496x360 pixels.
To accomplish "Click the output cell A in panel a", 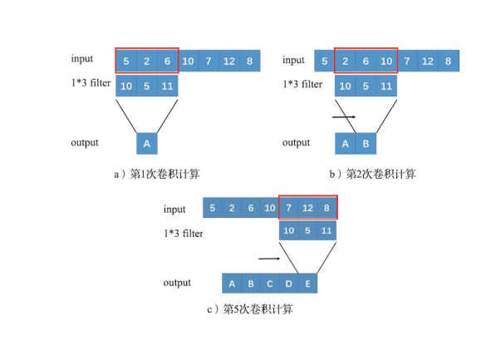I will (x=147, y=143).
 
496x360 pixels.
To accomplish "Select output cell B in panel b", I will (x=366, y=143).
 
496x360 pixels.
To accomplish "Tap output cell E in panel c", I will (x=308, y=284).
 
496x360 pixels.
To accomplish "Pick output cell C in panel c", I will (x=270, y=284).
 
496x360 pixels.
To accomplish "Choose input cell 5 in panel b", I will (x=324, y=61).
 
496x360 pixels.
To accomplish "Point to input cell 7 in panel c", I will (x=288, y=208).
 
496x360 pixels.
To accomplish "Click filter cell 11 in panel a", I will (x=168, y=86).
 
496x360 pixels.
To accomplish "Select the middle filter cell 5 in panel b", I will (x=366, y=86).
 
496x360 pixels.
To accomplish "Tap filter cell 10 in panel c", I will (x=288, y=230).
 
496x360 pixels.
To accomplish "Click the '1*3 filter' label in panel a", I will (x=91, y=83).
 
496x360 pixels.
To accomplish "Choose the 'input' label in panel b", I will (x=293, y=60).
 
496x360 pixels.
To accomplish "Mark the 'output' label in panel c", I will (x=177, y=283).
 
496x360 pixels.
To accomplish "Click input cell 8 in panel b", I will (x=447, y=61).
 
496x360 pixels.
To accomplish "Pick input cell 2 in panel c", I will (x=231, y=208).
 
